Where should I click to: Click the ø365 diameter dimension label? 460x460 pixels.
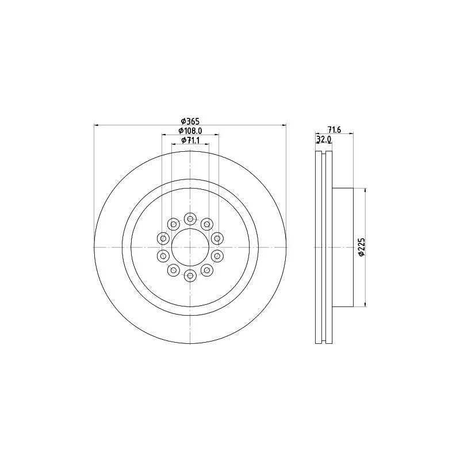(x=190, y=121)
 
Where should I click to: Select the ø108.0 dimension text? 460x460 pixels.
(x=190, y=131)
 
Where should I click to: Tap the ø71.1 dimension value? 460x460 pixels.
(x=190, y=140)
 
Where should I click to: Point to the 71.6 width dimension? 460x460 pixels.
(x=335, y=130)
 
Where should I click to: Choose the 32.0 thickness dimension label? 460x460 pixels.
(x=324, y=140)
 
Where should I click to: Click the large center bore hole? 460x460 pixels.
(x=190, y=247)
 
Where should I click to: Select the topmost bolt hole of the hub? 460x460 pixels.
(x=190, y=218)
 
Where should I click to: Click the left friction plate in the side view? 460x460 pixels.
(x=318, y=247)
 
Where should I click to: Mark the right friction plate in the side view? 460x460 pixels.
(x=329, y=247)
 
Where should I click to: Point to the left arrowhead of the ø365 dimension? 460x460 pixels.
(x=96, y=125)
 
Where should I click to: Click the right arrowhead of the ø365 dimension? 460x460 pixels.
(x=283, y=125)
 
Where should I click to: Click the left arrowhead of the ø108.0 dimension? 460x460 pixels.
(x=164, y=135)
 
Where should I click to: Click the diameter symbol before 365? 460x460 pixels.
(x=182, y=121)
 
